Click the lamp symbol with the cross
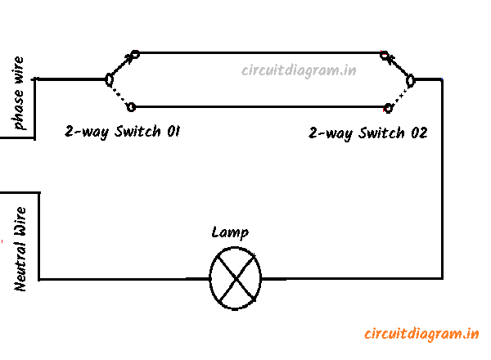click(x=236, y=278)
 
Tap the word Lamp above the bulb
click(x=229, y=233)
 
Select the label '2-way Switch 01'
click(x=122, y=131)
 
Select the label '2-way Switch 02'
click(x=367, y=132)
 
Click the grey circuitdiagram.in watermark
click(x=299, y=70)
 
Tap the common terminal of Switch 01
click(x=108, y=79)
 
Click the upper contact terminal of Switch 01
click(x=135, y=54)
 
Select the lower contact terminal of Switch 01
click(x=133, y=106)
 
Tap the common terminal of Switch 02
click(x=411, y=79)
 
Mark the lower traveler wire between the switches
click(x=262, y=106)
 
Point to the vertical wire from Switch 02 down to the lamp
click(x=443, y=180)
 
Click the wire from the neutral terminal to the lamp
click(x=123, y=279)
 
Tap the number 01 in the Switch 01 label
click(x=171, y=131)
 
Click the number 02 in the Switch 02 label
click(x=417, y=132)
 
